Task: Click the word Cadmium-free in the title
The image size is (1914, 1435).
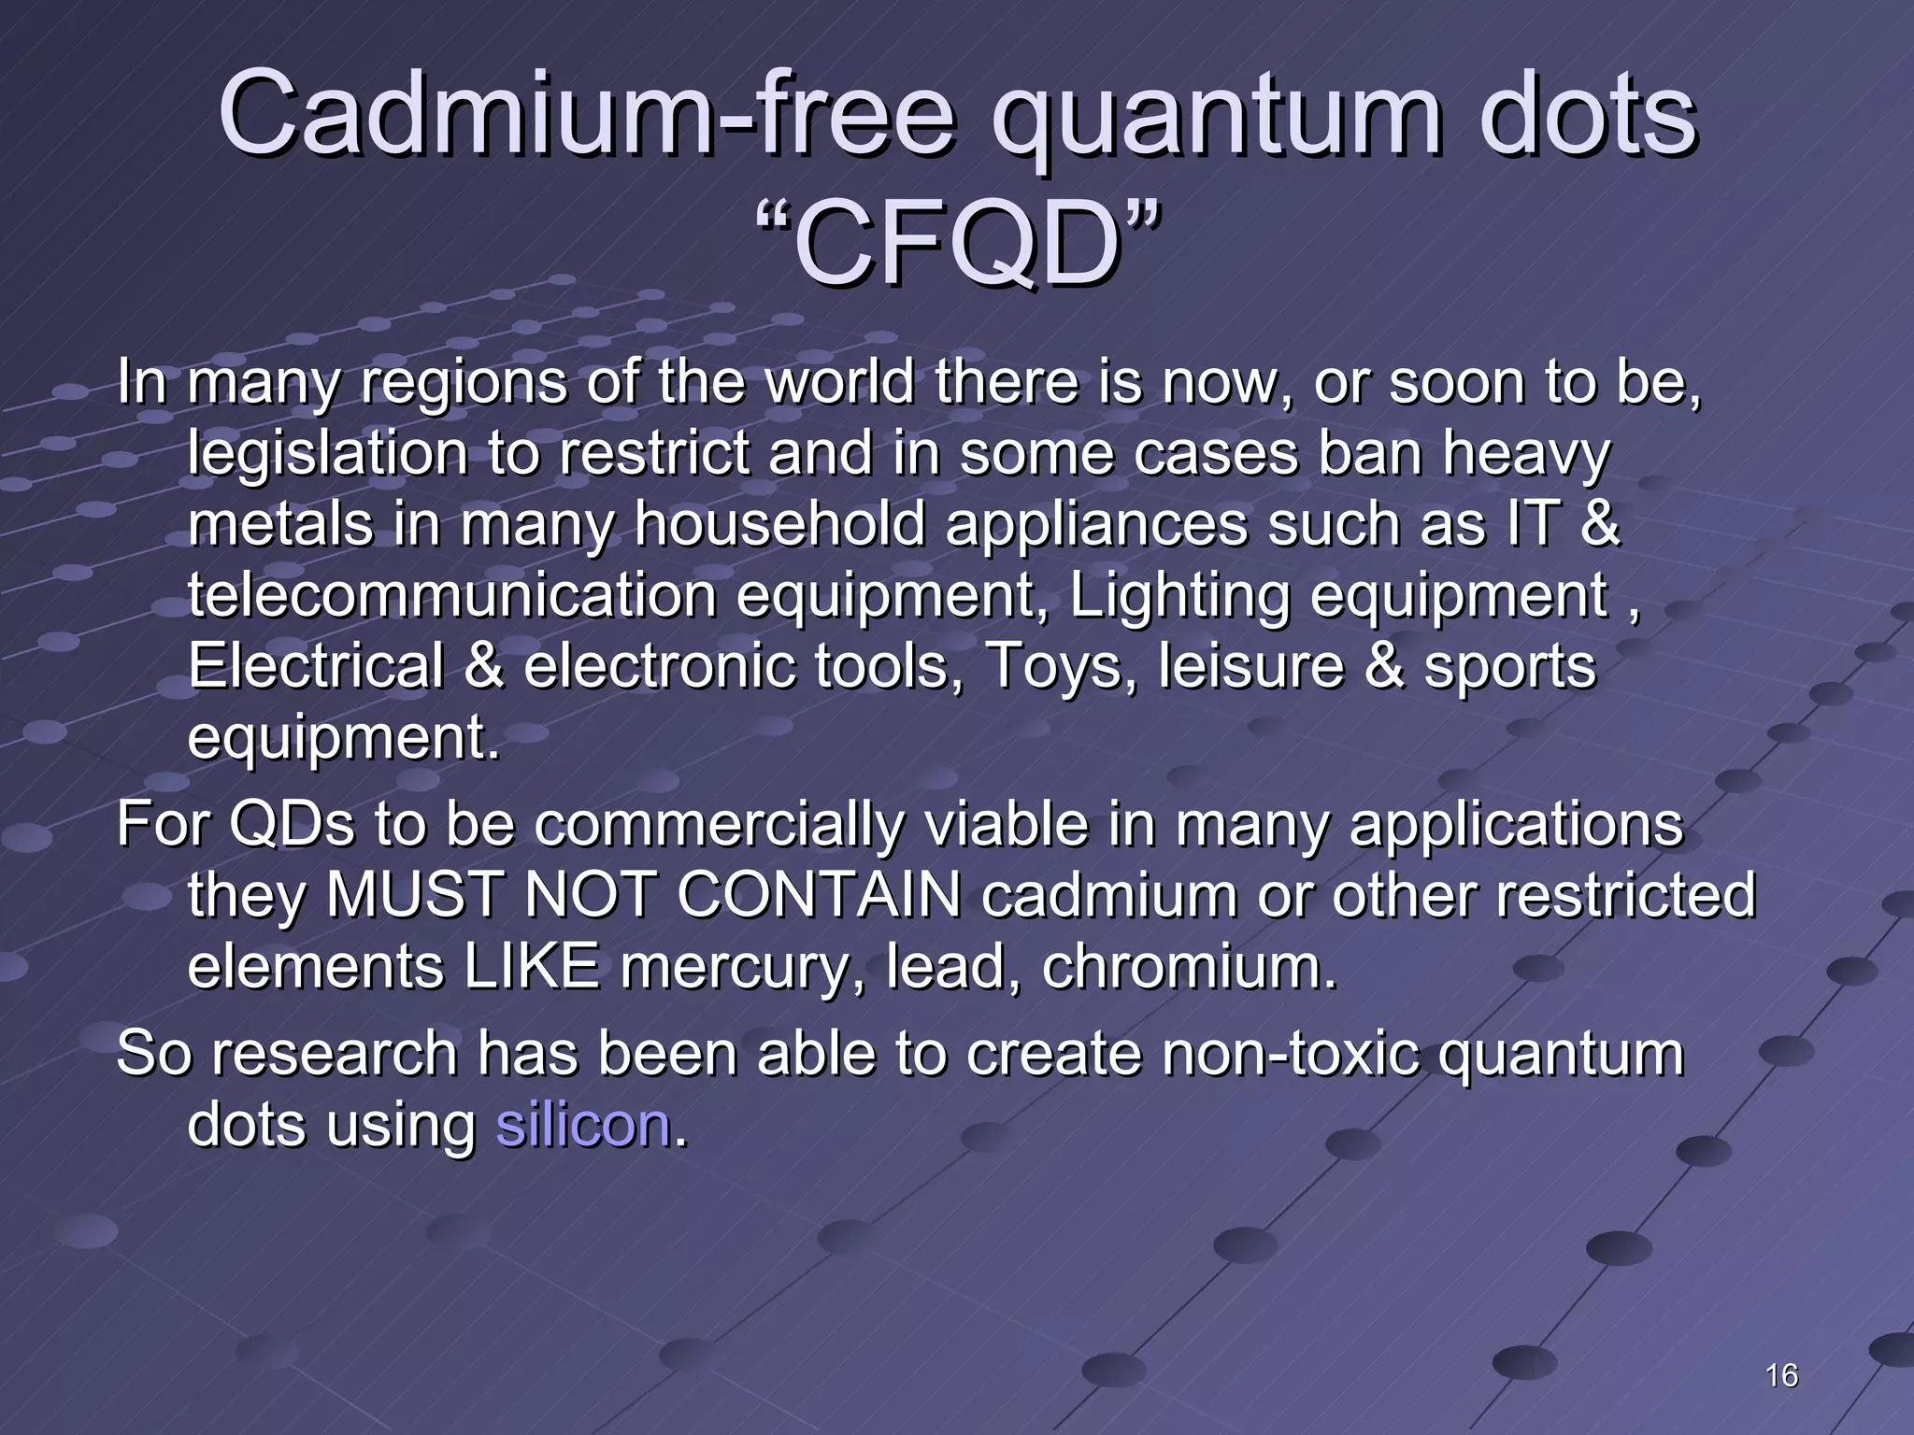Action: tap(587, 116)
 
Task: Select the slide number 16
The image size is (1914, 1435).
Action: tap(1782, 1375)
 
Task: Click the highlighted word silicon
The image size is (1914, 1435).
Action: tap(583, 1125)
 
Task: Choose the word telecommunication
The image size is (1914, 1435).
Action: tap(451, 595)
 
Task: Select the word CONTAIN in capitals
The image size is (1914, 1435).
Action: tap(819, 895)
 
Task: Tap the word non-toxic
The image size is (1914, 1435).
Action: tap(1291, 1054)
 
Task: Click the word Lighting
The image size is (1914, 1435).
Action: tap(1178, 597)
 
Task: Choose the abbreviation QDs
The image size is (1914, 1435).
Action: tap(292, 825)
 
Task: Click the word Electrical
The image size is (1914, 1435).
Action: tap(315, 666)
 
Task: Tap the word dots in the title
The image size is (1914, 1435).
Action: tap(1588, 116)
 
